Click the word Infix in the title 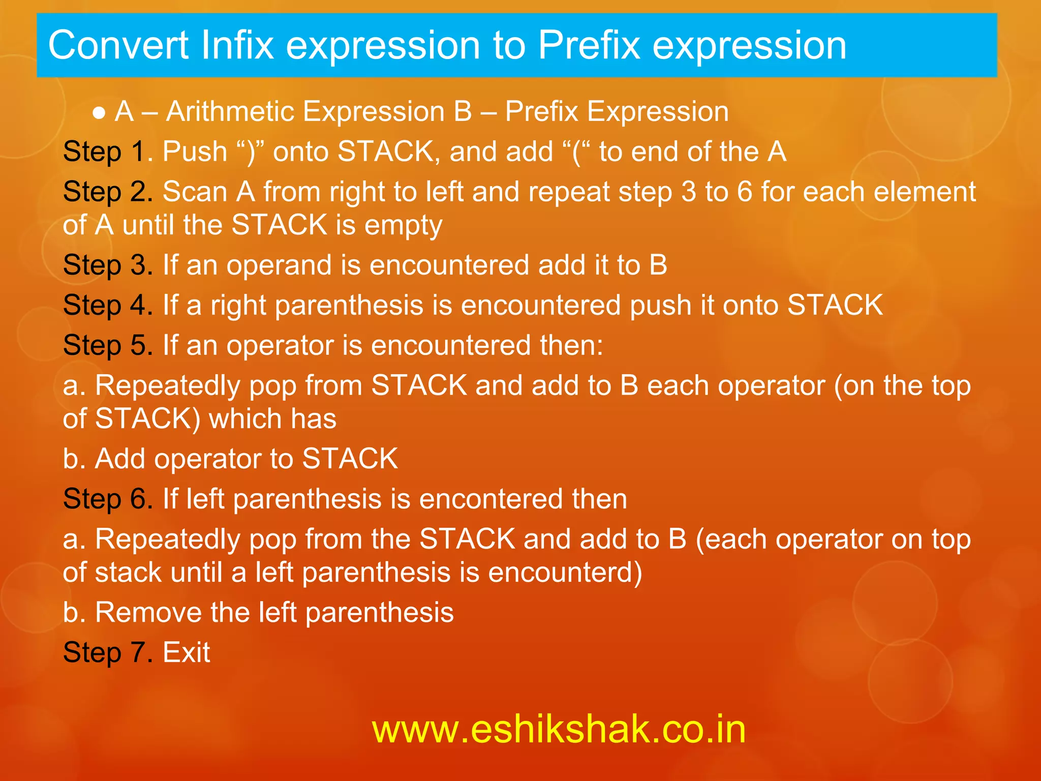click(x=237, y=46)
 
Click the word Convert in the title click(x=118, y=46)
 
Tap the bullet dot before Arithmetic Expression click(x=99, y=113)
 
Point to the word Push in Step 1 click(x=195, y=152)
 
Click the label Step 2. click(x=108, y=192)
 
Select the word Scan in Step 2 click(x=195, y=192)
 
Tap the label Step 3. click(x=108, y=265)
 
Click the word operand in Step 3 click(x=279, y=265)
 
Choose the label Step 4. click(x=108, y=305)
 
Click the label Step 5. click(x=108, y=345)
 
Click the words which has click(x=272, y=419)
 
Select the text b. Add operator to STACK click(x=230, y=459)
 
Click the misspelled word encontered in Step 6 click(x=491, y=499)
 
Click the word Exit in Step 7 click(x=186, y=652)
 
